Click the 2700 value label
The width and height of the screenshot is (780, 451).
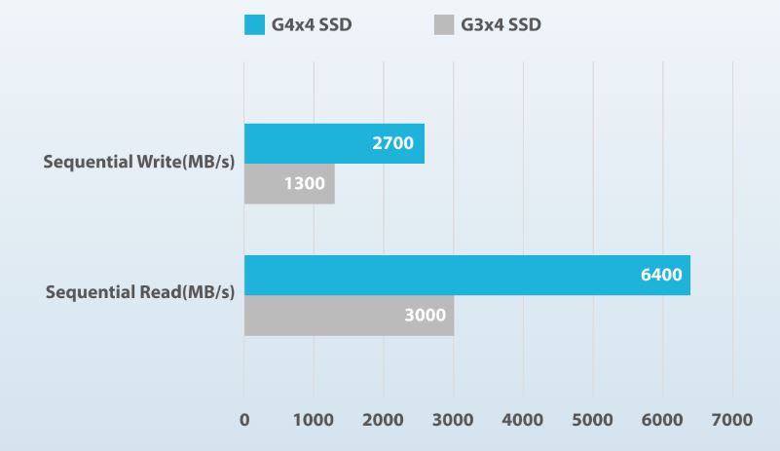tap(392, 143)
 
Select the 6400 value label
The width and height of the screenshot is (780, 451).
tap(661, 275)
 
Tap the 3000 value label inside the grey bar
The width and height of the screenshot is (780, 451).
tap(425, 316)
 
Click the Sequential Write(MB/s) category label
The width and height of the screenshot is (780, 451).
tap(139, 162)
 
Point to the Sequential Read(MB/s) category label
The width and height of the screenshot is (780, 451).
tap(140, 292)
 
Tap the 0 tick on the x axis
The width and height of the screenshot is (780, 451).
tap(244, 420)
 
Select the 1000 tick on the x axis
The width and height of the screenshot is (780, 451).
tap(314, 420)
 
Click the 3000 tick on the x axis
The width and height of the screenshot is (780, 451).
tap(453, 420)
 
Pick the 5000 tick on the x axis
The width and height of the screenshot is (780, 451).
tap(593, 420)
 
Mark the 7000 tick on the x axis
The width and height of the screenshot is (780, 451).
tap(732, 420)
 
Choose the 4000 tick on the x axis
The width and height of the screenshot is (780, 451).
tap(523, 420)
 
